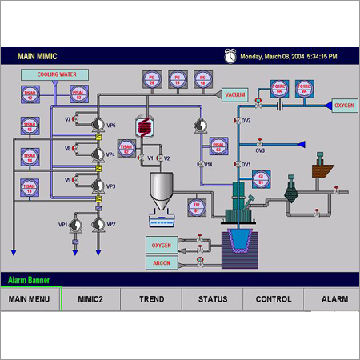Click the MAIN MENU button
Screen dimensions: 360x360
click(x=30, y=299)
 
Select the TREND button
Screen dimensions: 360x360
click(x=151, y=299)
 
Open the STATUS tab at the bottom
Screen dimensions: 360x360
click(x=212, y=299)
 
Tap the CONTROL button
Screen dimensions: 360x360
click(x=273, y=299)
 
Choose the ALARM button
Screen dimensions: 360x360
click(x=334, y=299)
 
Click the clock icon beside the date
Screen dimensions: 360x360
click(x=230, y=56)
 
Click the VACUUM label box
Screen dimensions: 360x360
click(x=234, y=94)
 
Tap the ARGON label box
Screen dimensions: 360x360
click(x=162, y=262)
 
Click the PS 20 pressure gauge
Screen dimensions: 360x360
click(x=152, y=79)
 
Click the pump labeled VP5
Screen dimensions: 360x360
click(x=98, y=125)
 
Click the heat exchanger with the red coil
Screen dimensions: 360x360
click(x=144, y=126)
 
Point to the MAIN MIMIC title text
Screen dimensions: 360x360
click(x=39, y=57)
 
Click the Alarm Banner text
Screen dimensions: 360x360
click(x=30, y=281)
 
